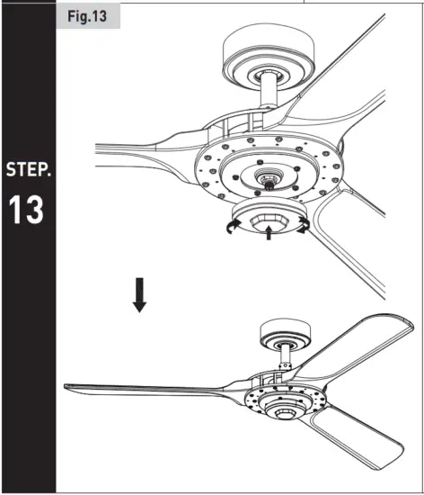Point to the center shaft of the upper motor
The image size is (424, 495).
[267, 181]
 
